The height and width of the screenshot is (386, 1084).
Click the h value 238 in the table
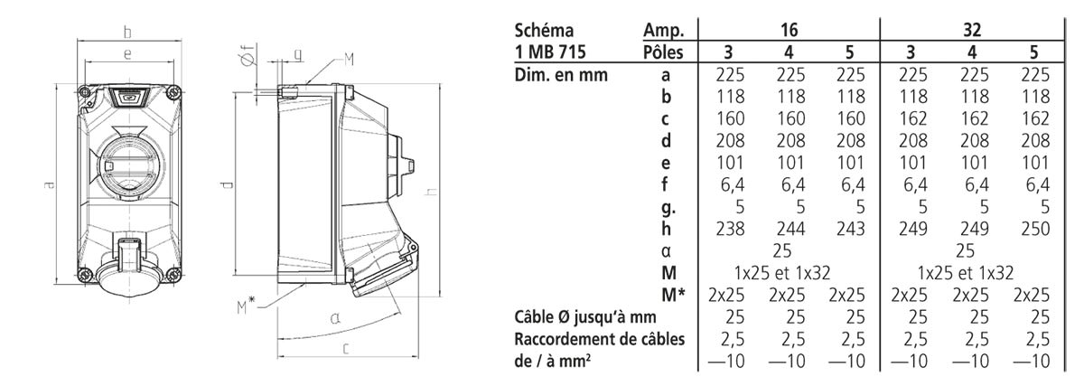point(730,229)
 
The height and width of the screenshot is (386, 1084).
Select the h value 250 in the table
point(1035,229)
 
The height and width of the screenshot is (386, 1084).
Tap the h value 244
point(790,229)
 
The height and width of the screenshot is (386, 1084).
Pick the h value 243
point(850,229)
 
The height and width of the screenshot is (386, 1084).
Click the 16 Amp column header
point(789,30)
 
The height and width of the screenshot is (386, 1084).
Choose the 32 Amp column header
point(972,30)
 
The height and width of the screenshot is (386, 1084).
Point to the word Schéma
point(544,30)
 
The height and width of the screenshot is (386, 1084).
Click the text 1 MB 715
point(550,52)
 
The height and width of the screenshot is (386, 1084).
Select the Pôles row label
point(663,52)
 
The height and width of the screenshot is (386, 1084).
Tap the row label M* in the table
point(673,295)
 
